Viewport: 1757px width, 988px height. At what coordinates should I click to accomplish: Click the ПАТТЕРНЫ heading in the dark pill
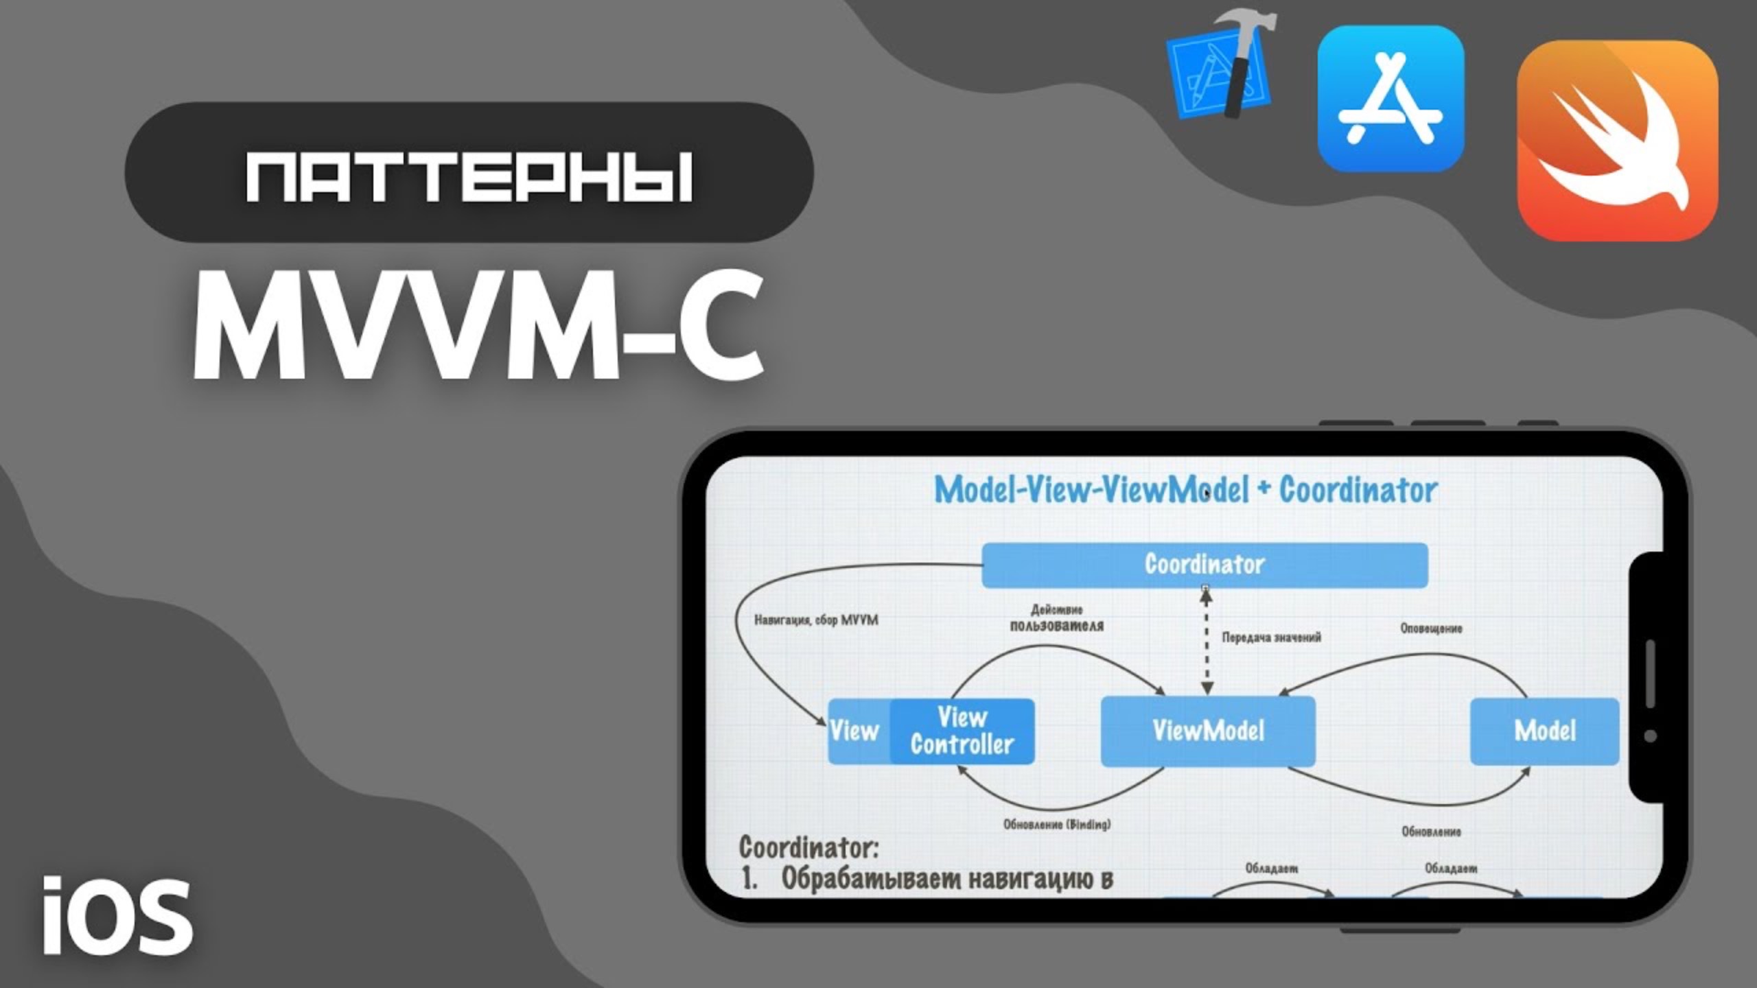pyautogui.click(x=469, y=177)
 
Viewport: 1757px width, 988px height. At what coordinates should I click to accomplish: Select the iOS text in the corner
pyautogui.click(x=117, y=917)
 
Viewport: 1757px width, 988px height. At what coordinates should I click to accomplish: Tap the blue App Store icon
pyautogui.click(x=1391, y=99)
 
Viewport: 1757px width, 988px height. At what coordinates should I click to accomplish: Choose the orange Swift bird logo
pyautogui.click(x=1617, y=141)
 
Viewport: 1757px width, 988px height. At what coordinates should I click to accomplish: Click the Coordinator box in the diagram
pyautogui.click(x=1205, y=565)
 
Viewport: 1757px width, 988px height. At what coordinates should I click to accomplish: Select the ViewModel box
pyautogui.click(x=1208, y=731)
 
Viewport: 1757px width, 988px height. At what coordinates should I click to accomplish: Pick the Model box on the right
pyautogui.click(x=1544, y=731)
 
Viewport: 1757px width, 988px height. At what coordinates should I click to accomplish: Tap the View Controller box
pyautogui.click(x=962, y=731)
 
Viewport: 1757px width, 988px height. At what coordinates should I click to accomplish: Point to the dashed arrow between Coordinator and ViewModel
pyautogui.click(x=1207, y=642)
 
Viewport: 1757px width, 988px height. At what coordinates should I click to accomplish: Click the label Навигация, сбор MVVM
pyautogui.click(x=816, y=620)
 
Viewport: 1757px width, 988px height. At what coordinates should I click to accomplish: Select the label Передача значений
pyautogui.click(x=1271, y=637)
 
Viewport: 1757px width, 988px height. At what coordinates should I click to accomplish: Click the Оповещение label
pyautogui.click(x=1431, y=628)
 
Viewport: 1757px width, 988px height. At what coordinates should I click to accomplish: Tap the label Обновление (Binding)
pyautogui.click(x=1057, y=824)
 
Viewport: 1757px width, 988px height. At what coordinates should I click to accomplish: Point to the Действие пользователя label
pyautogui.click(x=1057, y=618)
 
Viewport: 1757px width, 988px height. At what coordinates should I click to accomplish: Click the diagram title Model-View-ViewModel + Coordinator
pyautogui.click(x=1185, y=490)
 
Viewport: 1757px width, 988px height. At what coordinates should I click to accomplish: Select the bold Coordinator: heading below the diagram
pyautogui.click(x=808, y=847)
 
